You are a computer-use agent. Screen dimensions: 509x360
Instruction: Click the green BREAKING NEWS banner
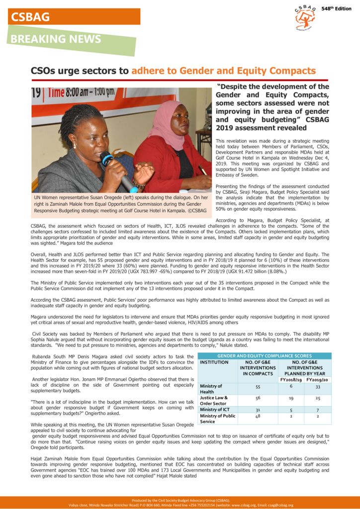pyautogui.click(x=70, y=39)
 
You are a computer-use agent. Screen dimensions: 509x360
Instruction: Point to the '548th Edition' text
pyautogui.click(x=336, y=9)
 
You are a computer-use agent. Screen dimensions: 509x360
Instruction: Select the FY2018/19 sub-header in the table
pyautogui.click(x=290, y=380)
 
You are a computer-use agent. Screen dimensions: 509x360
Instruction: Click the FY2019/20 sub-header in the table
pyautogui.click(x=317, y=380)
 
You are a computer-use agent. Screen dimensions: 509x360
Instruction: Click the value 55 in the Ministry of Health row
pyautogui.click(x=258, y=386)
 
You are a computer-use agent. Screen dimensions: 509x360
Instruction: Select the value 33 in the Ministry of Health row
pyautogui.click(x=317, y=386)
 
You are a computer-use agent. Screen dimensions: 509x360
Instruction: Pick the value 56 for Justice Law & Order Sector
pyautogui.click(x=258, y=398)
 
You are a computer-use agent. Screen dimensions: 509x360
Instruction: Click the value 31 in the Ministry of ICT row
pyautogui.click(x=258, y=410)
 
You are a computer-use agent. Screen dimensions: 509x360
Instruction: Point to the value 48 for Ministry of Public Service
pyautogui.click(x=258, y=416)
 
